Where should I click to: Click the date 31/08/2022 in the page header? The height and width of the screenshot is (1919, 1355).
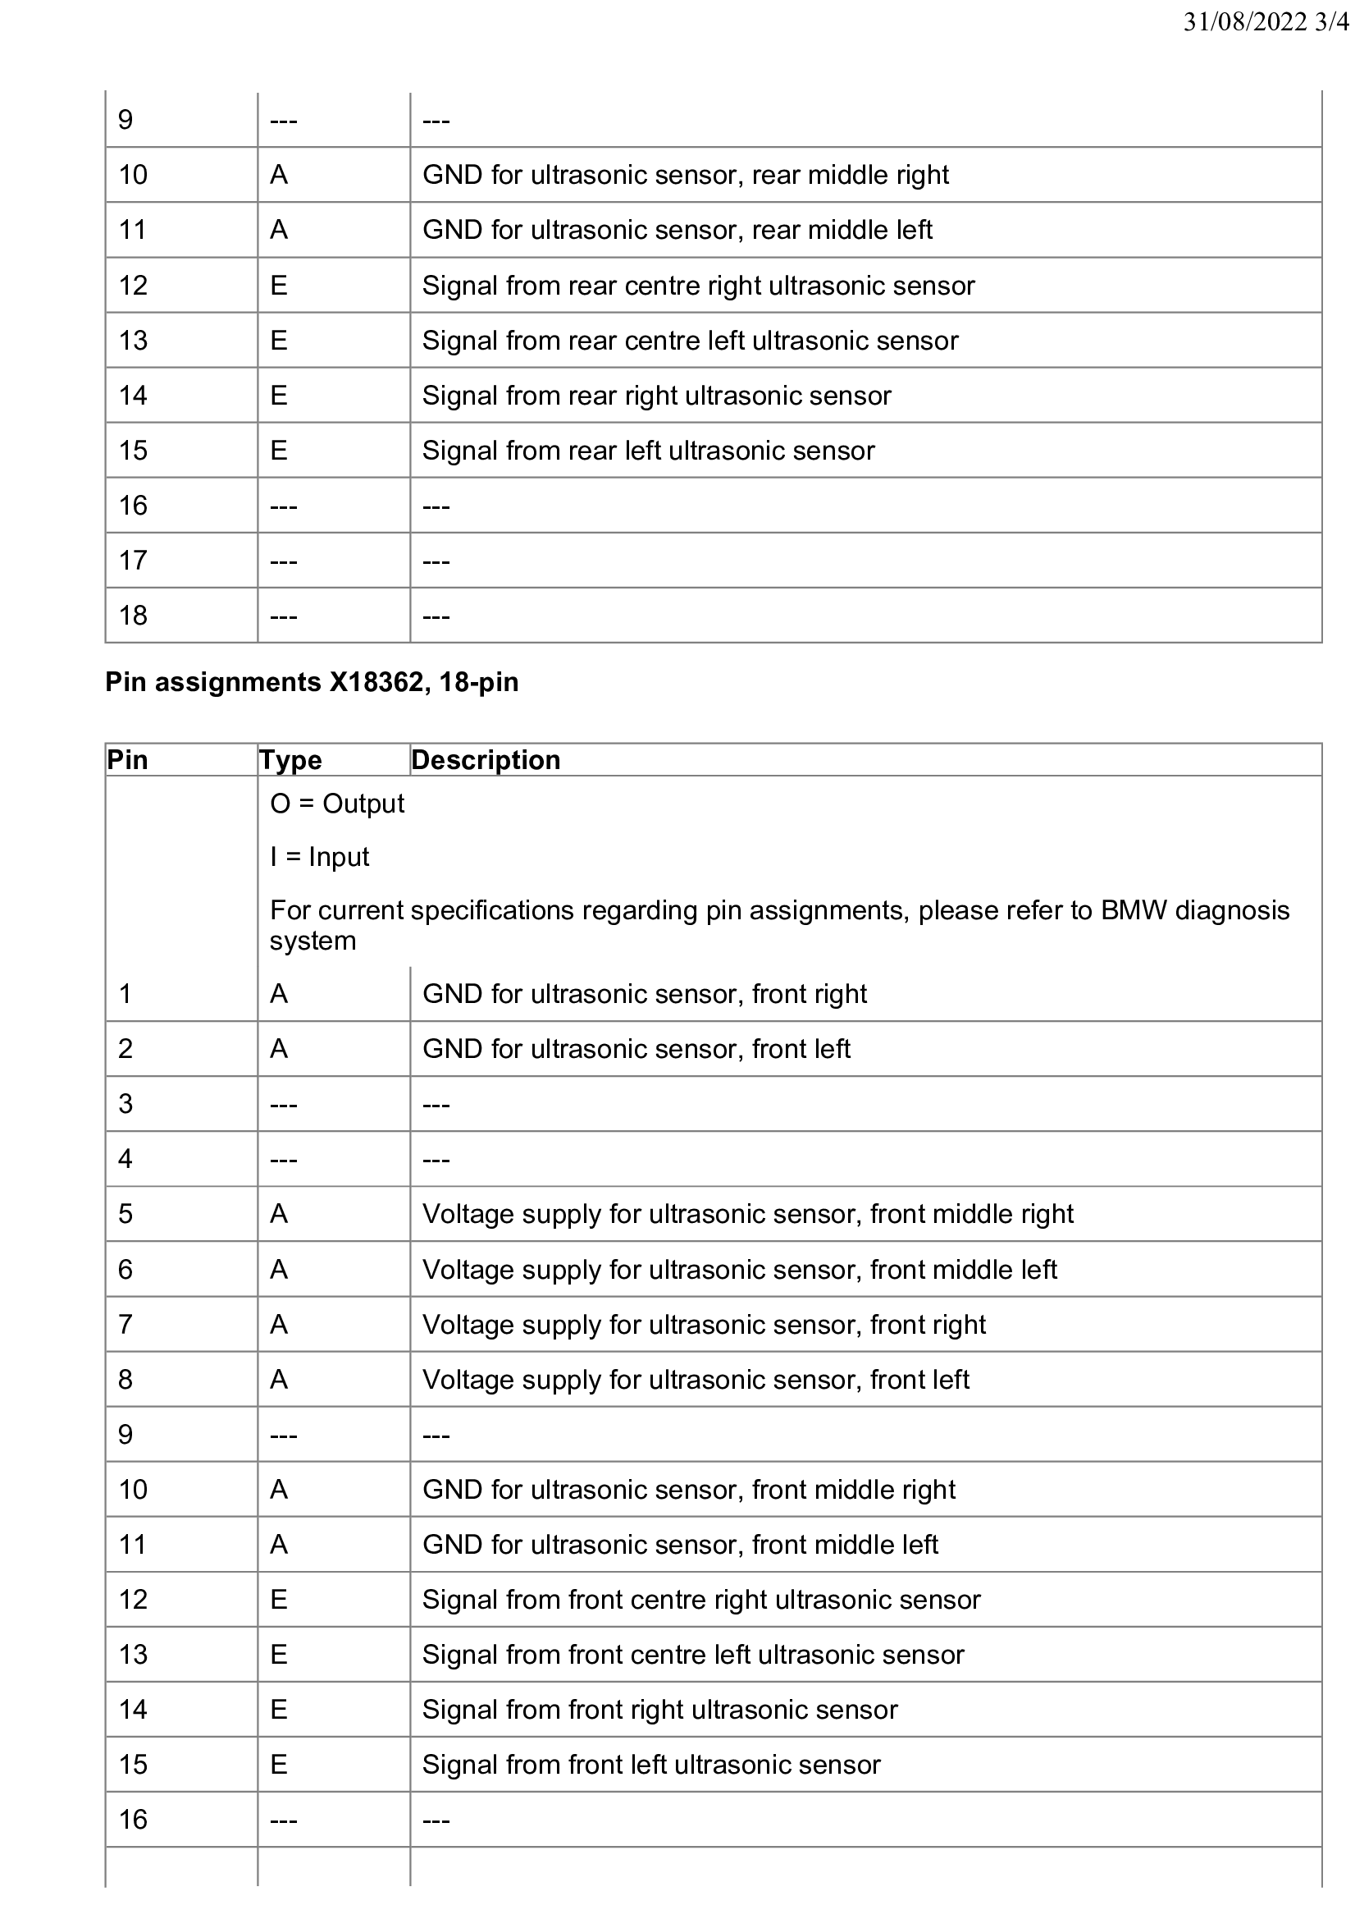[1245, 22]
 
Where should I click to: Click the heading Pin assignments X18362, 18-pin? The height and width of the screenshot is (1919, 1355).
[312, 682]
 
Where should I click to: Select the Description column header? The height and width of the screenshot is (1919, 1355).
[486, 760]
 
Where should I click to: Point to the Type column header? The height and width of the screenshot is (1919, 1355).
[290, 760]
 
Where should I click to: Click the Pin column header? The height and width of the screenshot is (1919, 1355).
[127, 760]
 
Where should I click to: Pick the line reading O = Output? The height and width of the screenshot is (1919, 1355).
[336, 804]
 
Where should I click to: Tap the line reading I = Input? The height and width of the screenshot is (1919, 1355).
[319, 857]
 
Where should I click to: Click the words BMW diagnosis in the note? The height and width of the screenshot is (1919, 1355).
[1195, 909]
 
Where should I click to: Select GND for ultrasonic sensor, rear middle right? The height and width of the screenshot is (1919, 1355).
[685, 175]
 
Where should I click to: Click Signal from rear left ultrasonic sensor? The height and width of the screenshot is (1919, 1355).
[648, 451]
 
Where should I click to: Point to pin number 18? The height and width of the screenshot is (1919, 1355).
[133, 615]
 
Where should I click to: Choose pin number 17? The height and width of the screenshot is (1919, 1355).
[133, 560]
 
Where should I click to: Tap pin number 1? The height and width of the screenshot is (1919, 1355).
[125, 994]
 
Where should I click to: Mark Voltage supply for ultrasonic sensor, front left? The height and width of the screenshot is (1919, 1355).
[695, 1379]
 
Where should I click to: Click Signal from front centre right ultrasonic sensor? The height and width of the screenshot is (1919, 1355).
[701, 1600]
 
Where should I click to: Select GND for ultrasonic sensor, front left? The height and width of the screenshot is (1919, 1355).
[636, 1049]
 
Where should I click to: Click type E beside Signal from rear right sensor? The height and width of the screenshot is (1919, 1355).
[279, 396]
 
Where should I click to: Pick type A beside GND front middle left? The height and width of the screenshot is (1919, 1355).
[279, 1545]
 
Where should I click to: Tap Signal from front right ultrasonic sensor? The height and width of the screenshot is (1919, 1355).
[659, 1710]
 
